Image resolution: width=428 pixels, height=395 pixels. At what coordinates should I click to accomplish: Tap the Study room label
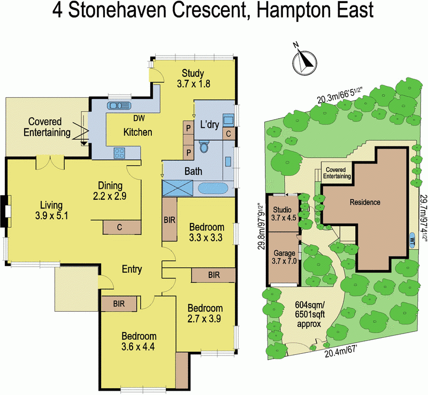point(192,79)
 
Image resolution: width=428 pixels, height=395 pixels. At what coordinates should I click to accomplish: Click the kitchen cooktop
point(119,154)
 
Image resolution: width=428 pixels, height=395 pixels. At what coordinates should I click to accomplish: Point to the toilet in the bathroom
point(204,147)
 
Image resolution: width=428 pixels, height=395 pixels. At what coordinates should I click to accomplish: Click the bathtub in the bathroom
point(213,188)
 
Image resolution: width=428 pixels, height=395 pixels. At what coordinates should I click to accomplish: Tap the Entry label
point(132,269)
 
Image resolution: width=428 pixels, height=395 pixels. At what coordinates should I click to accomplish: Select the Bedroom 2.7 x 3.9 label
point(204,314)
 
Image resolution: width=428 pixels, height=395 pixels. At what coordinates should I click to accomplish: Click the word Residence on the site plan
point(364,202)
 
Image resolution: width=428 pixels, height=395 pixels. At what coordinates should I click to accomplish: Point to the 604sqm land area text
point(309,313)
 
